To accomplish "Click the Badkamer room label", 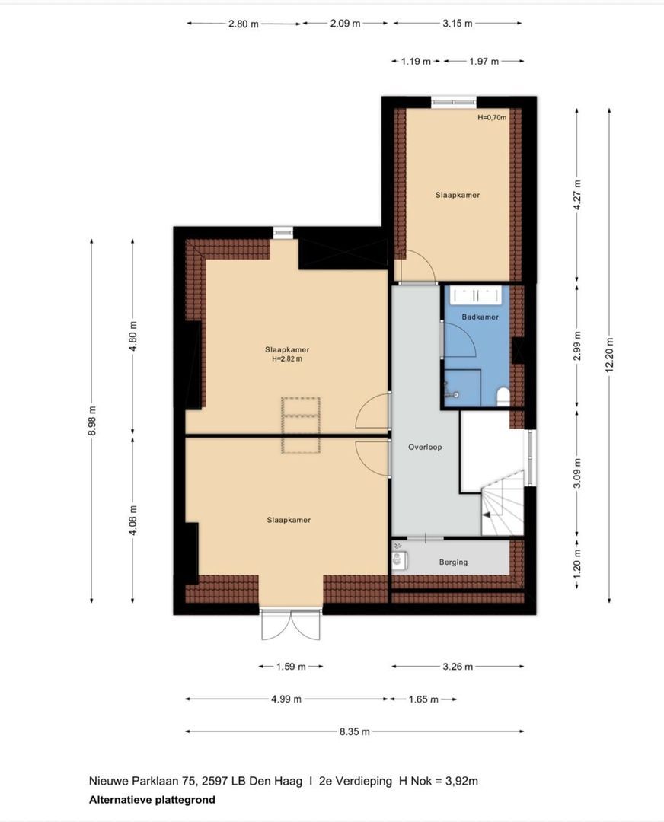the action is coord(480,317).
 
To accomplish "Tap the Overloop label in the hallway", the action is coord(425,448).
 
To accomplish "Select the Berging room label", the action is coord(453,562).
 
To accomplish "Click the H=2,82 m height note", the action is coord(287,359).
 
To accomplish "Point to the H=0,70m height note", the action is coord(492,117).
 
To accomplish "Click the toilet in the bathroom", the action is coord(503,397).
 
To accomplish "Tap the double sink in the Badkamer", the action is coord(477,295).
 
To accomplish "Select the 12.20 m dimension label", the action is coord(609,355).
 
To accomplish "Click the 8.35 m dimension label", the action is coord(355,731).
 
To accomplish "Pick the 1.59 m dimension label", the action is coord(291,667).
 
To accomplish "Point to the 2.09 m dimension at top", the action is coord(345,23).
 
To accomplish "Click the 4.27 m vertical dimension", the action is coord(577,195).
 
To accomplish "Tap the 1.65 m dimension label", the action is coord(423,699).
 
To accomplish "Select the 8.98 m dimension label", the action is coord(92,421).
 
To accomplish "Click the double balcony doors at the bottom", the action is coord(291,624).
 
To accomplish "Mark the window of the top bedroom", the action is coord(454,102).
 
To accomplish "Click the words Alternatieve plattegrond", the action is coord(152,800).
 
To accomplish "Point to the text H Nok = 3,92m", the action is coord(439,781).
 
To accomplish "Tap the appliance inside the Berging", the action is coord(400,561).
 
